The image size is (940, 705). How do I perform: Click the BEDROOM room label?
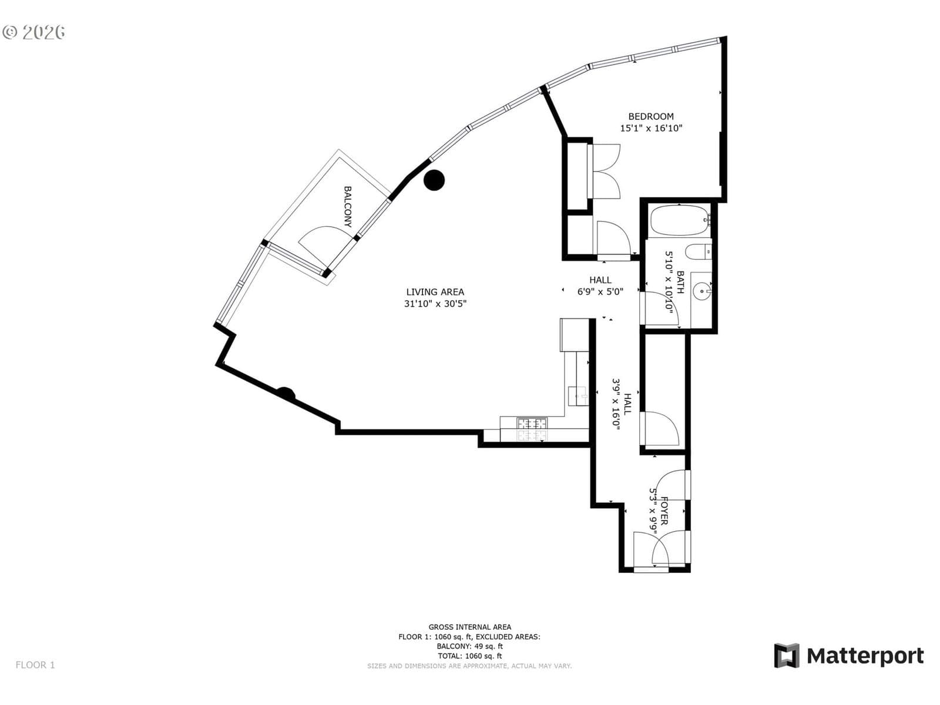(x=650, y=116)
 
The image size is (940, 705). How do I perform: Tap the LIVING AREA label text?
(x=435, y=292)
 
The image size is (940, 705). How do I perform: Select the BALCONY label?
(x=348, y=206)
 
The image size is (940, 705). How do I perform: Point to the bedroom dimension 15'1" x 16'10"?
(x=650, y=128)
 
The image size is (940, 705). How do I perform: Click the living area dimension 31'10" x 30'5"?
(x=435, y=304)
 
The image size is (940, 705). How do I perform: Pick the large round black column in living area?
(x=434, y=180)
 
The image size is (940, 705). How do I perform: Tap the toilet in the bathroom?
(x=698, y=251)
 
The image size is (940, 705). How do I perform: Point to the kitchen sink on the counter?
(x=578, y=395)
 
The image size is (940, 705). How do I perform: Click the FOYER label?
(x=664, y=511)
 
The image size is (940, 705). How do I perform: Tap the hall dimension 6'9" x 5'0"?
(x=600, y=292)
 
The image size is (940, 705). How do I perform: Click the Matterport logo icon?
(x=786, y=655)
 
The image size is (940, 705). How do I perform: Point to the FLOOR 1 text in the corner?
(x=35, y=665)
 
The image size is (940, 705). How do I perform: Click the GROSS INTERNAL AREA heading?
(x=470, y=627)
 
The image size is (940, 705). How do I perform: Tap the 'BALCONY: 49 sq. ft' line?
(x=470, y=646)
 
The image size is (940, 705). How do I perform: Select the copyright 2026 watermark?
(x=34, y=32)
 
